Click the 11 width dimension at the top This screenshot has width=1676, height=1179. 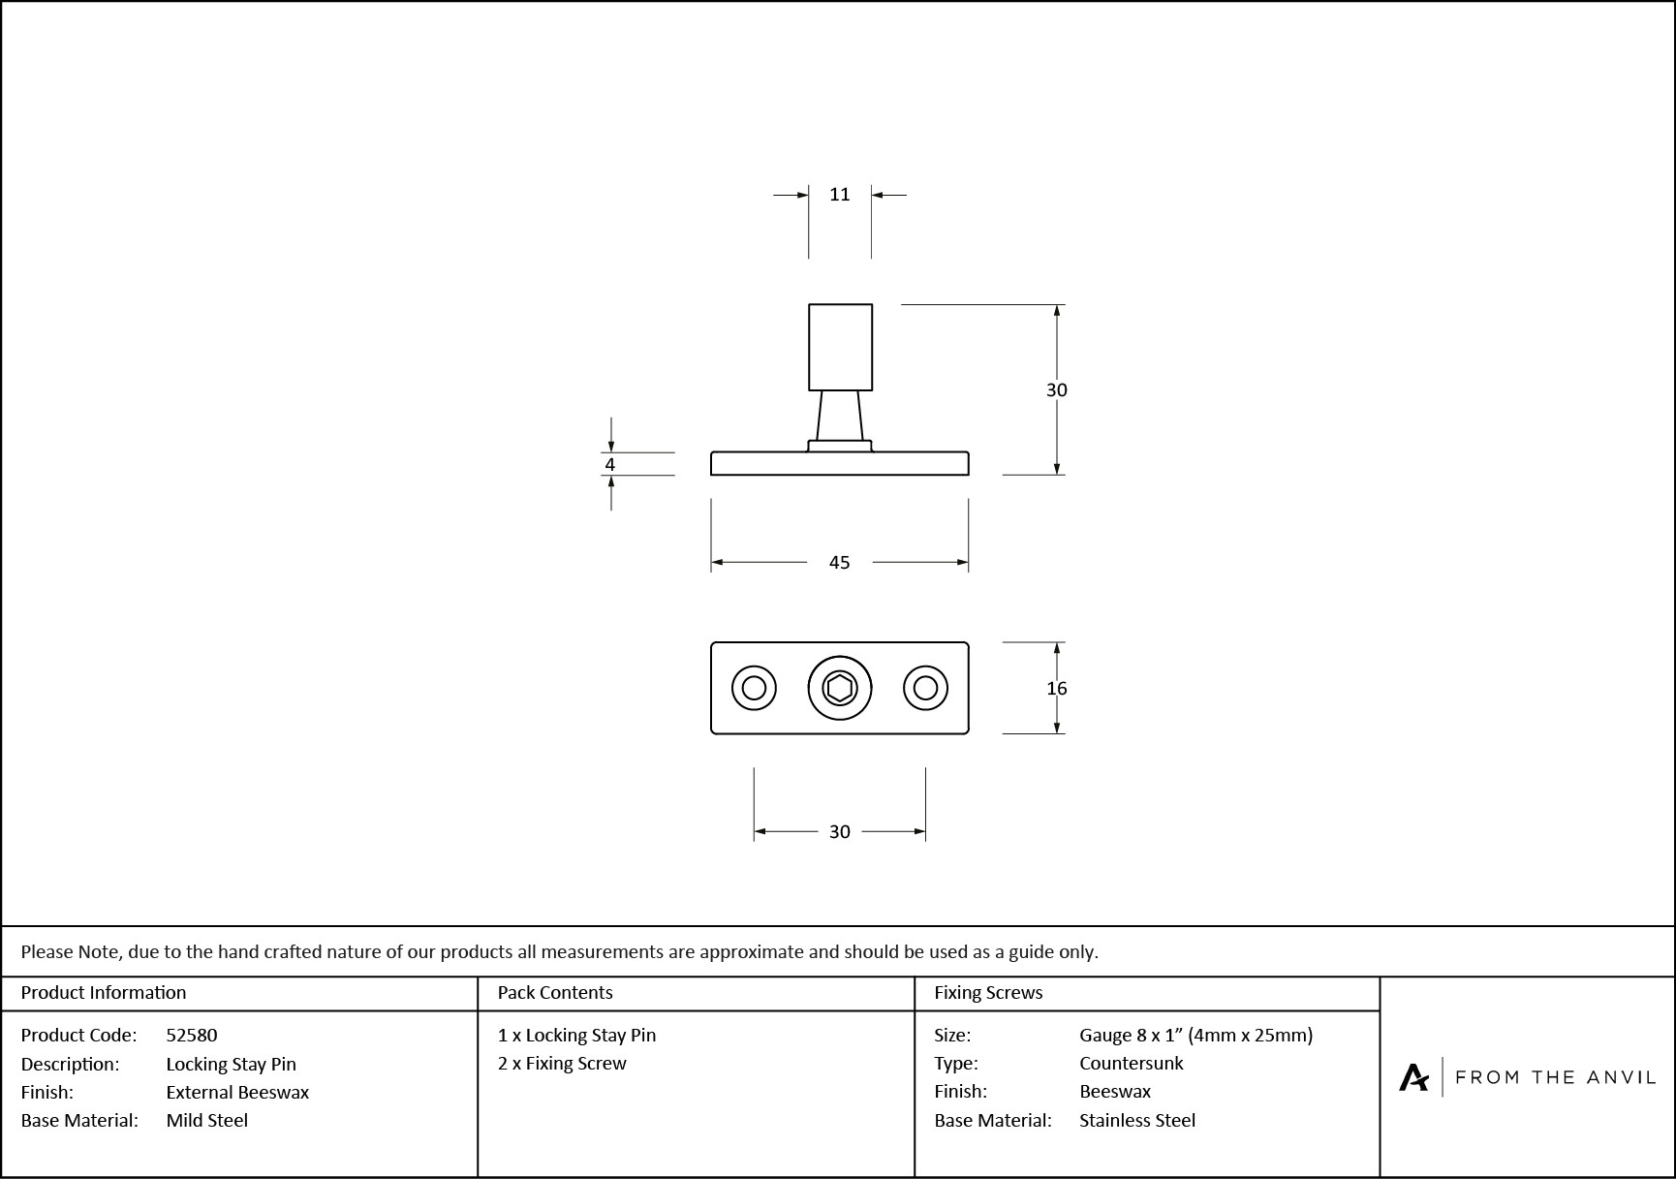pyautogui.click(x=839, y=195)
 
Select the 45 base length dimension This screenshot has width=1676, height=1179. pyautogui.click(x=839, y=563)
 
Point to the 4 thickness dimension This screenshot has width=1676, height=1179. pyautogui.click(x=609, y=465)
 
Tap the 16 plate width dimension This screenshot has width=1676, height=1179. pyautogui.click(x=1056, y=689)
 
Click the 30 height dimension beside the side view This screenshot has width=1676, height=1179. pyautogui.click(x=1056, y=390)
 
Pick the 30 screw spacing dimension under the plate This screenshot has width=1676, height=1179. pyautogui.click(x=839, y=832)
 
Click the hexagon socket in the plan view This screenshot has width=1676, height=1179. pyautogui.click(x=839, y=689)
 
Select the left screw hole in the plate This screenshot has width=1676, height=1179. pyautogui.click(x=754, y=689)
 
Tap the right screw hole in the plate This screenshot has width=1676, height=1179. pyautogui.click(x=925, y=689)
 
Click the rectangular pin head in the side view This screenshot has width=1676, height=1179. pyautogui.click(x=840, y=347)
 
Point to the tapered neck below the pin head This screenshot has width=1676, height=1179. pyautogui.click(x=839, y=416)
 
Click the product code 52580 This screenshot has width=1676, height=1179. pyautogui.click(x=192, y=1036)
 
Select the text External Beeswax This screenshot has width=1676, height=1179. pyautogui.click(x=237, y=1093)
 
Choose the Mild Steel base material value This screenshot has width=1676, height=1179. pyautogui.click(x=206, y=1121)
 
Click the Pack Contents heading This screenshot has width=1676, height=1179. pyautogui.click(x=555, y=993)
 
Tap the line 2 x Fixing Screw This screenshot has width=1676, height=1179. pyautogui.click(x=562, y=1064)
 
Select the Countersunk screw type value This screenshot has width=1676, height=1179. pyautogui.click(x=1131, y=1064)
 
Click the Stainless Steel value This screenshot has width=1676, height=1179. pyautogui.click(x=1136, y=1121)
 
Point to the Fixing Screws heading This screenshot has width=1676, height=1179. pyautogui.click(x=988, y=993)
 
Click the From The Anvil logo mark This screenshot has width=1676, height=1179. pyautogui.click(x=1413, y=1077)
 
